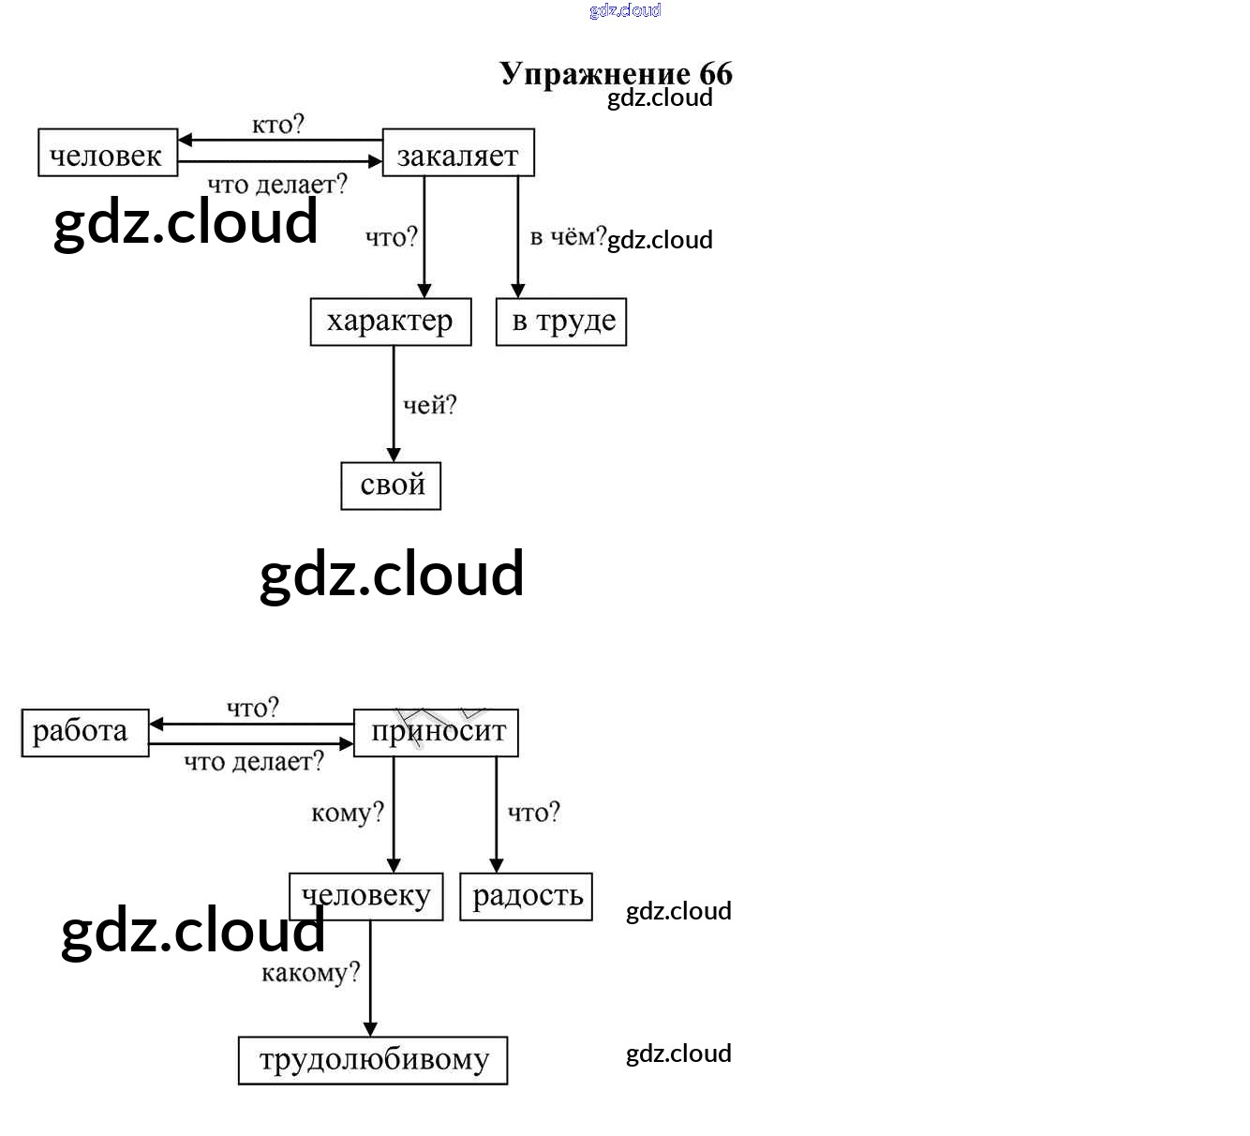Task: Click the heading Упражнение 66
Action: (x=616, y=73)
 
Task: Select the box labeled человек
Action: (x=107, y=154)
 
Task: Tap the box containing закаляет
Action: (x=458, y=154)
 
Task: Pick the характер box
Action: (x=390, y=321)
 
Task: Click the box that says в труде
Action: (x=561, y=321)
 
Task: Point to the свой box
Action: (x=391, y=486)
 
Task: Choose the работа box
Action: (x=84, y=732)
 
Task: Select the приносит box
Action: (x=436, y=732)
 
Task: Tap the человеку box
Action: (x=365, y=896)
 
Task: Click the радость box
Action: (x=526, y=896)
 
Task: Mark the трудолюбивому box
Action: (x=373, y=1060)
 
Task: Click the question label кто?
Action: (x=277, y=125)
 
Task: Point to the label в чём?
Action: (x=568, y=236)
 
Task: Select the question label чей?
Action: (x=429, y=405)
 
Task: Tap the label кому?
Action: (x=347, y=813)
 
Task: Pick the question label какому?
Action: (x=310, y=973)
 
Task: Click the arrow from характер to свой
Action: (x=394, y=403)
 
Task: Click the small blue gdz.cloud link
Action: (x=625, y=10)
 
